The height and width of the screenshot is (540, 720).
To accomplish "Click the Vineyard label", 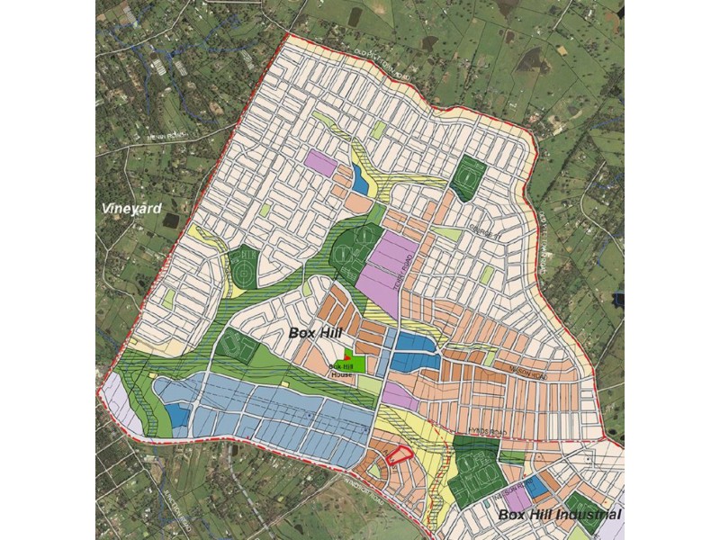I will (x=131, y=208).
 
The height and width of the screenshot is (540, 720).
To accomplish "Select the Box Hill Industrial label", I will (x=559, y=514).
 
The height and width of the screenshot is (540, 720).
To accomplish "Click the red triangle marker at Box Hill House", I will (x=347, y=358).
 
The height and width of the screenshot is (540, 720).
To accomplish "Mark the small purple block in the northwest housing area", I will (x=319, y=162).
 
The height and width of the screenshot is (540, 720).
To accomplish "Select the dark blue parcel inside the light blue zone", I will (x=178, y=415).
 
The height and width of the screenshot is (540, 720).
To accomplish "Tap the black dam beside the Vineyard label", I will (x=171, y=220).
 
